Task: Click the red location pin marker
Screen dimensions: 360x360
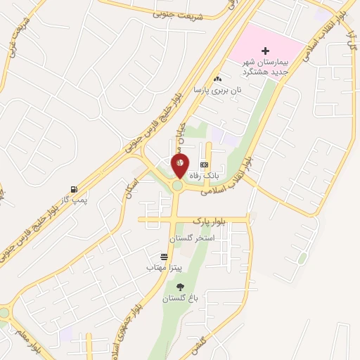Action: [x=180, y=166]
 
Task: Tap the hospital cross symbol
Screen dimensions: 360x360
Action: [x=265, y=51]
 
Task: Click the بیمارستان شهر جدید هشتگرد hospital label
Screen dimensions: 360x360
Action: [x=266, y=67]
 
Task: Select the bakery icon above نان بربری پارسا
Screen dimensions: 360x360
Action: [x=217, y=79]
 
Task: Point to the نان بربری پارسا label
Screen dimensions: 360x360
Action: [x=218, y=90]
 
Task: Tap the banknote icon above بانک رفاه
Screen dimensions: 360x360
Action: [x=204, y=164]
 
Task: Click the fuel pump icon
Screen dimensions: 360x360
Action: [x=73, y=189]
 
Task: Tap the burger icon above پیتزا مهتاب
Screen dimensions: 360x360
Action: [x=164, y=257]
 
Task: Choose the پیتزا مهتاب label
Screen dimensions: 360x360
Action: [x=165, y=268]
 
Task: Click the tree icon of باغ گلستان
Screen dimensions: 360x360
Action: [x=181, y=286]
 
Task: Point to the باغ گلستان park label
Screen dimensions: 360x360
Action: [x=181, y=298]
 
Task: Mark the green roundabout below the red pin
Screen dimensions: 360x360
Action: [x=178, y=186]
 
